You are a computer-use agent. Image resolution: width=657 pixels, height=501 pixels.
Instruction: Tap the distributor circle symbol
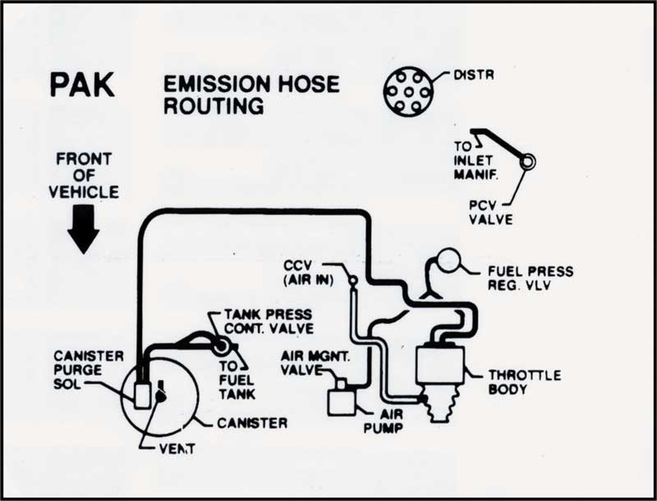pos(407,91)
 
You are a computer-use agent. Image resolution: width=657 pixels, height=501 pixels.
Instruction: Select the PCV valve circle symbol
pos(526,162)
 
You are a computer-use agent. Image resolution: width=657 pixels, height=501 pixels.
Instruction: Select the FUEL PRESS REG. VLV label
pos(531,278)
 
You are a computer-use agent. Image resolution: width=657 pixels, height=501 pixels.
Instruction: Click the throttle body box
pos(440,365)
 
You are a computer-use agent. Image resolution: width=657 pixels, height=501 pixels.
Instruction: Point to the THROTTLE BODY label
pos(524,382)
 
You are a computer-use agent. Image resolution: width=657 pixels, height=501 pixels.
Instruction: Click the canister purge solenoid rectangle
pos(143,394)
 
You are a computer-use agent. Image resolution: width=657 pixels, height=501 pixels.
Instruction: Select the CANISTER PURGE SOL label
pos(87,370)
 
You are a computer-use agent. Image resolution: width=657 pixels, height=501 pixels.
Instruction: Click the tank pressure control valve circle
pos(221,347)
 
